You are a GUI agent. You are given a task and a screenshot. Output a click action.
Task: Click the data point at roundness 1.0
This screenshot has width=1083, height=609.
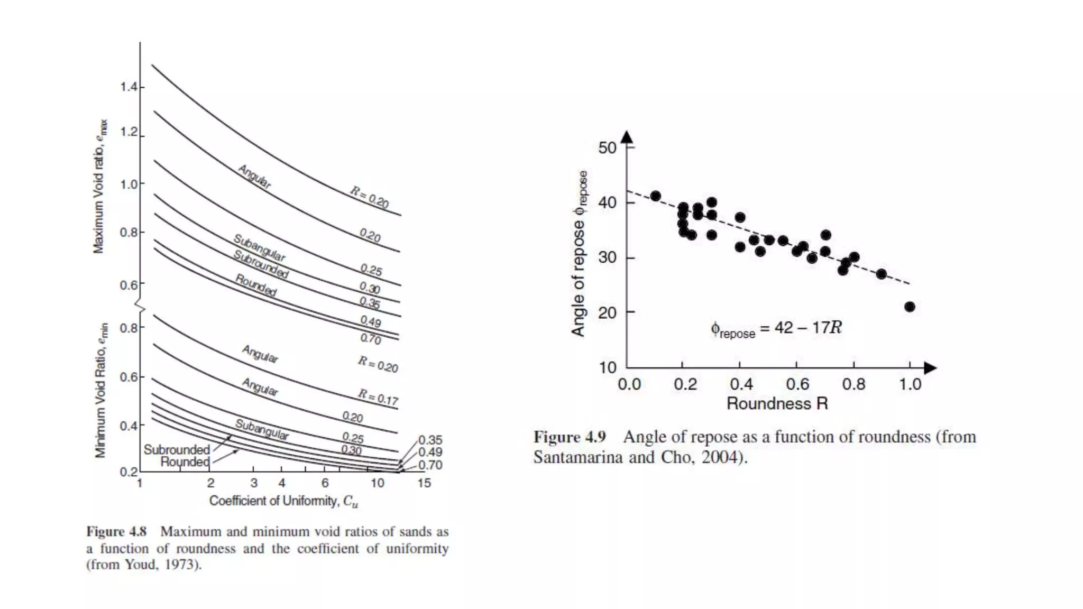click(x=910, y=307)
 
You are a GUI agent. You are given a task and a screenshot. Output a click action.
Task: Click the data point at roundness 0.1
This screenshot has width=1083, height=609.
click(x=656, y=196)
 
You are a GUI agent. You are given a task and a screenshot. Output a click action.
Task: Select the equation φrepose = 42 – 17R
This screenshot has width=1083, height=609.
click(x=776, y=329)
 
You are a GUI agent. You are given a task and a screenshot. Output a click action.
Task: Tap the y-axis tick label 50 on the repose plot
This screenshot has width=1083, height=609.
click(x=608, y=147)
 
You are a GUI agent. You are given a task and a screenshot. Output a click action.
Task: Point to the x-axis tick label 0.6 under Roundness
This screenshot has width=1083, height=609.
click(x=797, y=384)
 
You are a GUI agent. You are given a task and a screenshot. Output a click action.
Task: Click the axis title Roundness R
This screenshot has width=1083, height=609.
click(x=777, y=404)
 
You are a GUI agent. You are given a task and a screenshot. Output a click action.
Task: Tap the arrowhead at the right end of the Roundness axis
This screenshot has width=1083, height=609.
click(x=930, y=368)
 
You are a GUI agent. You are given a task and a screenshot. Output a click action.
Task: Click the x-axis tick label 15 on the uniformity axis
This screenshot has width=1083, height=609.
click(x=424, y=483)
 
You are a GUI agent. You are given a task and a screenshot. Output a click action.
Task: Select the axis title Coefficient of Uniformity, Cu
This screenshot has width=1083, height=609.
click(x=283, y=501)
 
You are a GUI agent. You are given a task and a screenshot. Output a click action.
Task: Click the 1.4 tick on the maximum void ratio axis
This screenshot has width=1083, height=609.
click(x=129, y=87)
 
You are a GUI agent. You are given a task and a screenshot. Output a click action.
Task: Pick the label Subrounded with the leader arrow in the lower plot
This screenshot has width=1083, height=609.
click(x=177, y=450)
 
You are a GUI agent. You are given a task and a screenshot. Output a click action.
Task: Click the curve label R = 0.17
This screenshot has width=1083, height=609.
click(x=378, y=396)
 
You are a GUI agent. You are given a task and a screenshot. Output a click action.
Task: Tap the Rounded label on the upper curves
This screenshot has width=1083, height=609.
click(x=256, y=285)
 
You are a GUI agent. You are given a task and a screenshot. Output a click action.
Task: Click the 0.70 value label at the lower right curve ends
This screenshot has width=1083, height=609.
click(x=430, y=465)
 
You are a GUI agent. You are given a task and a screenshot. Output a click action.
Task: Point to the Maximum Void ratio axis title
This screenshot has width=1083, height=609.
click(x=99, y=186)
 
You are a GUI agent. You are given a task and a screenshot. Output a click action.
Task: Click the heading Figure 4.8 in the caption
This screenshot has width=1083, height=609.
click(x=116, y=532)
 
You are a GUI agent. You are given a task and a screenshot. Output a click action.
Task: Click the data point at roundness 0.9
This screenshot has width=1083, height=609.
click(x=881, y=274)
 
